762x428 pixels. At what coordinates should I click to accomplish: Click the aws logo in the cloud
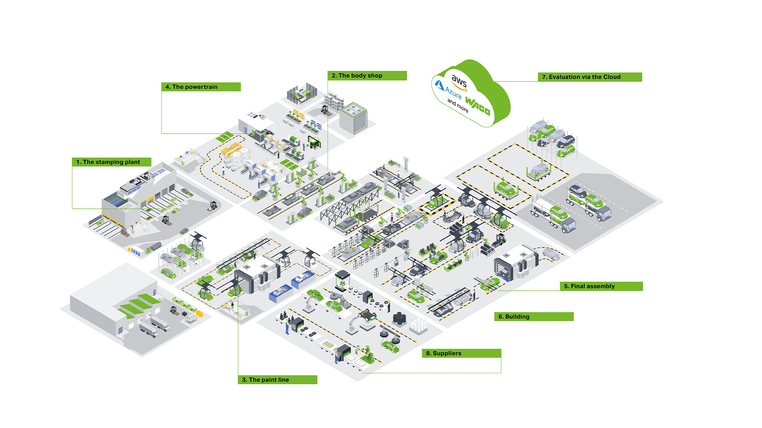point(459,83)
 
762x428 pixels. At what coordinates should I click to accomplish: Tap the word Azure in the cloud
point(453,93)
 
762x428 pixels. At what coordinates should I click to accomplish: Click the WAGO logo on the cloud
point(477,106)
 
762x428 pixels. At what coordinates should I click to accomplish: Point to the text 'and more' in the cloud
point(458,105)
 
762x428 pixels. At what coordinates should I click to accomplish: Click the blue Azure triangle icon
point(440,86)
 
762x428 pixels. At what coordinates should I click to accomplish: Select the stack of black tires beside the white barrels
point(399,319)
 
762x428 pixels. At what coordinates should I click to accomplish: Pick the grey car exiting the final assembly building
point(551,254)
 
